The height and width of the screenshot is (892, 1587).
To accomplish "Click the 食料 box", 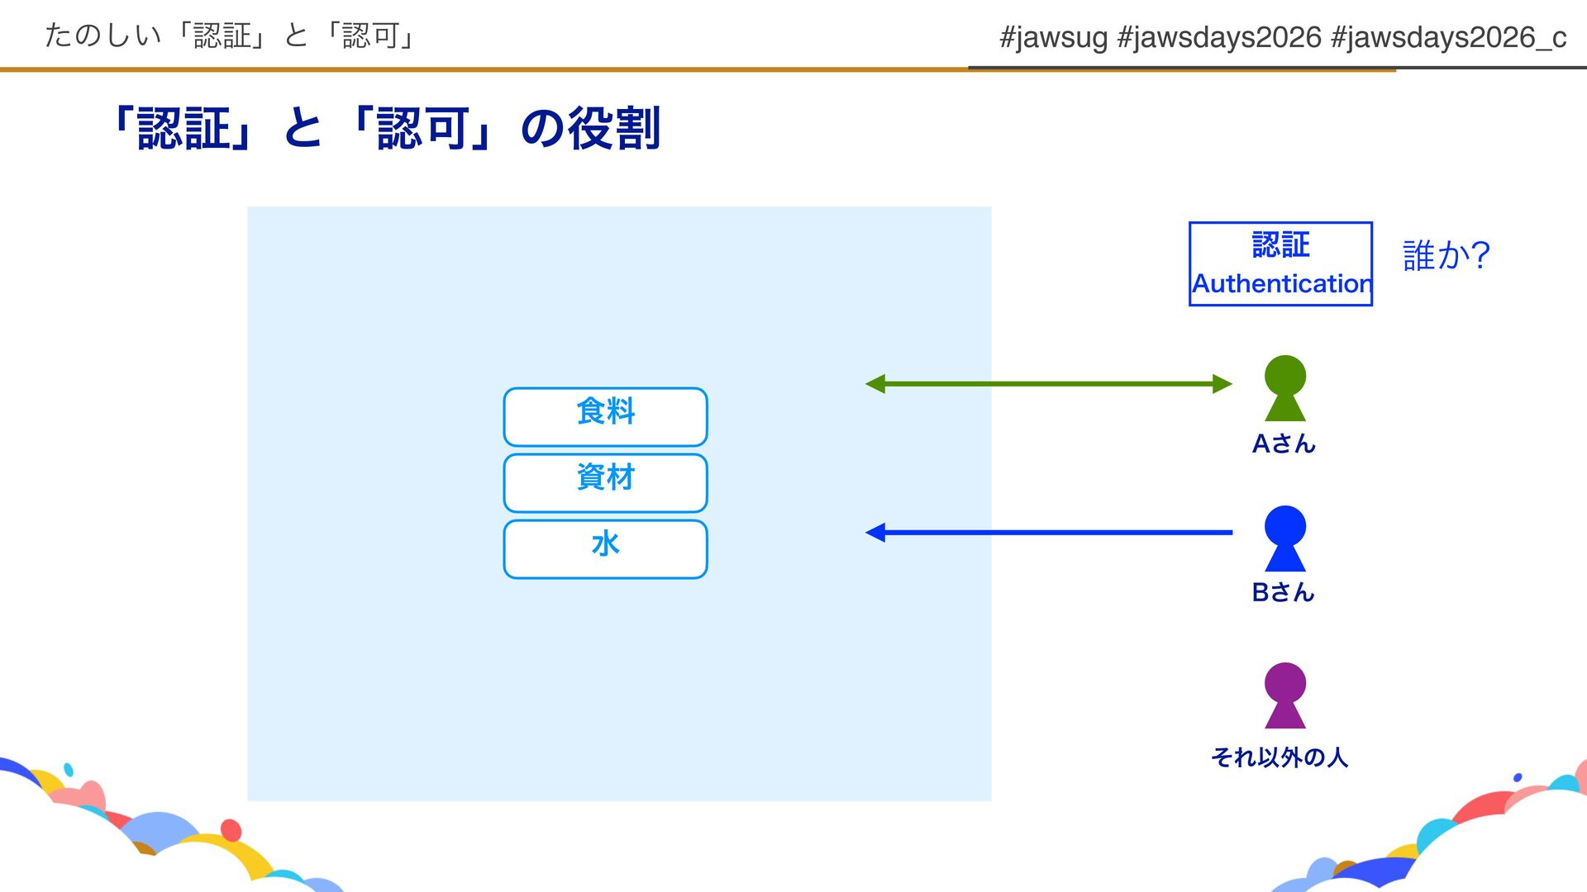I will click(x=605, y=416).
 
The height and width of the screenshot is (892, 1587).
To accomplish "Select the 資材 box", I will click(x=605, y=482).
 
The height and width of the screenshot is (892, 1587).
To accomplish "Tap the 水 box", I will click(x=605, y=548).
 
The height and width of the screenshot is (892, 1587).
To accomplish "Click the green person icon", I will click(x=1284, y=387).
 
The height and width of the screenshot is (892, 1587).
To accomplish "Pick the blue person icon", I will click(x=1284, y=538).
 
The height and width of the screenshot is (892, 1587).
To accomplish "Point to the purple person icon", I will click(x=1284, y=695).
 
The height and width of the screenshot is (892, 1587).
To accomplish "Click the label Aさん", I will click(x=1283, y=444).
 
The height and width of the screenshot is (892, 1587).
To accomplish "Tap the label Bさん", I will click(x=1283, y=592).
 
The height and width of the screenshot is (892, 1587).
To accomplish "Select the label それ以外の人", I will click(x=1279, y=757).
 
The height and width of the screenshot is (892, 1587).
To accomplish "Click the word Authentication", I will click(x=1281, y=283).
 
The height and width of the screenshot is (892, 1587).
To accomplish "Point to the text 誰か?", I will click(x=1446, y=255).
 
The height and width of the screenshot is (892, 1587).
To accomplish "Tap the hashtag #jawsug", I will click(x=1053, y=37).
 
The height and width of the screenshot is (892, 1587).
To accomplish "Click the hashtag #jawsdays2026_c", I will click(x=1448, y=37).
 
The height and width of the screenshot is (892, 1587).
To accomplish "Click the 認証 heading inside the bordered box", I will click(x=1280, y=244).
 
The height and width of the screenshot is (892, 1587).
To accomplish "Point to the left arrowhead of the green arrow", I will click(x=875, y=384).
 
